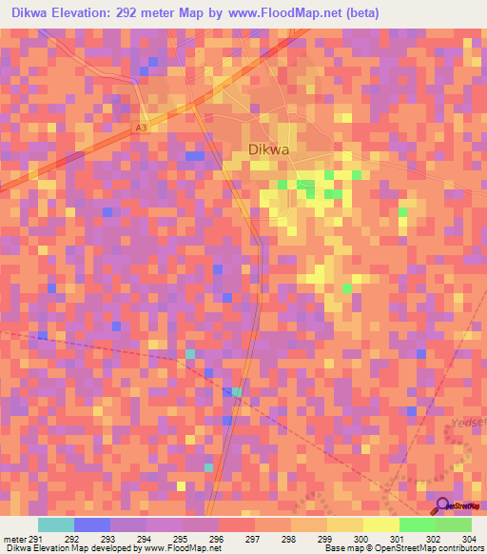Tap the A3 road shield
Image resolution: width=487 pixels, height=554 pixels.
(x=142, y=127)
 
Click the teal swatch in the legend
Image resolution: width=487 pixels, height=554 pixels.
(x=55, y=524)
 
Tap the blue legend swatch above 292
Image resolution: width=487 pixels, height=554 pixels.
(x=92, y=524)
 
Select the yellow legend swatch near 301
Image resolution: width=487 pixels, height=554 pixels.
(x=380, y=524)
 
